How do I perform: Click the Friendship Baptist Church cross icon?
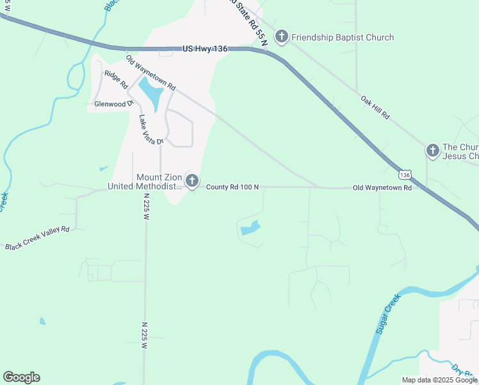[x=281, y=37]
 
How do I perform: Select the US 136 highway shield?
[x=404, y=174]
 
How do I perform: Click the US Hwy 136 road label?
[x=206, y=48]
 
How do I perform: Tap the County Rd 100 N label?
[x=232, y=187]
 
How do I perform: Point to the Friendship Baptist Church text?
[x=343, y=37]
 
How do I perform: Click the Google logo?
[x=21, y=377]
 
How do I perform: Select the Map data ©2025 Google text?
[x=439, y=380]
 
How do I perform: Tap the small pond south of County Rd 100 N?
[x=249, y=228]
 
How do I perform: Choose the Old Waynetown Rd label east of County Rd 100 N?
[x=382, y=188]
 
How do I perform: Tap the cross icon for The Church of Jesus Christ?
[x=432, y=151]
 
